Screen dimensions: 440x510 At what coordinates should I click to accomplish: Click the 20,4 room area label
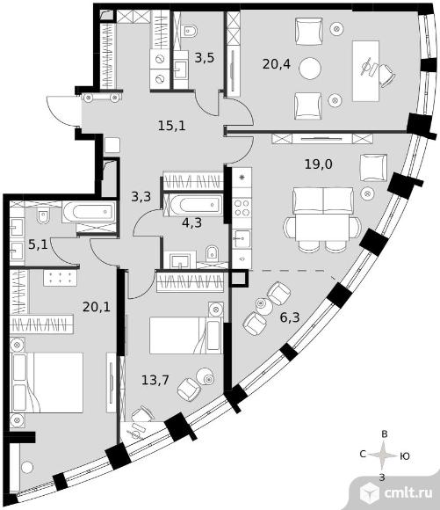pyautogui.click(x=277, y=64)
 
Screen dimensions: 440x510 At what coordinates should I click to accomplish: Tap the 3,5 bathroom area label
pyautogui.click(x=205, y=58)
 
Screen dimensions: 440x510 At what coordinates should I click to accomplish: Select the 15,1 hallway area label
pyautogui.click(x=172, y=125)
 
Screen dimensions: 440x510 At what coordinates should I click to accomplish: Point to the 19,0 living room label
pyautogui.click(x=318, y=164)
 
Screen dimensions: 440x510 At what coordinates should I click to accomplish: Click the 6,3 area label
pyautogui.click(x=290, y=317)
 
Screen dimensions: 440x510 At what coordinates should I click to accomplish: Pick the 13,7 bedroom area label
pyautogui.click(x=155, y=380)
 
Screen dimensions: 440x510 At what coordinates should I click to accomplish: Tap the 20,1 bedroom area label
pyautogui.click(x=97, y=306)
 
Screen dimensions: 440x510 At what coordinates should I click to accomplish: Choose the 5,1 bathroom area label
pyautogui.click(x=38, y=244)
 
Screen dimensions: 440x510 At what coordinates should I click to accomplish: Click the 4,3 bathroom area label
pyautogui.click(x=191, y=222)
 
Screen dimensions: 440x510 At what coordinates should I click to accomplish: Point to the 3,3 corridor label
pyautogui.click(x=141, y=197)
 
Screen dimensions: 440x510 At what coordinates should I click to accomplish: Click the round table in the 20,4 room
pyautogui.click(x=310, y=69)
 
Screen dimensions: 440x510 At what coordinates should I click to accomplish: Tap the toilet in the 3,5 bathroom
pyautogui.click(x=190, y=30)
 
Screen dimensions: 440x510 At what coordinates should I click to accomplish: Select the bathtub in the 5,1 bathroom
pyautogui.click(x=89, y=212)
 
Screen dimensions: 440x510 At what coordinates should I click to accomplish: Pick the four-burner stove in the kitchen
pyautogui.click(x=242, y=208)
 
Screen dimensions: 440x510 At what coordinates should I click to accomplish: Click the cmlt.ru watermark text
pyautogui.click(x=408, y=493)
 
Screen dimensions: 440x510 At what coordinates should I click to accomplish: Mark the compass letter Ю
pyautogui.click(x=405, y=456)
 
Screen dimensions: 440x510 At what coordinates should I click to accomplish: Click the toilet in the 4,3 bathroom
pyautogui.click(x=213, y=253)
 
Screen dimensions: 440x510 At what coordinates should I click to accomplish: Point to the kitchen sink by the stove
pyautogui.click(x=242, y=239)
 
